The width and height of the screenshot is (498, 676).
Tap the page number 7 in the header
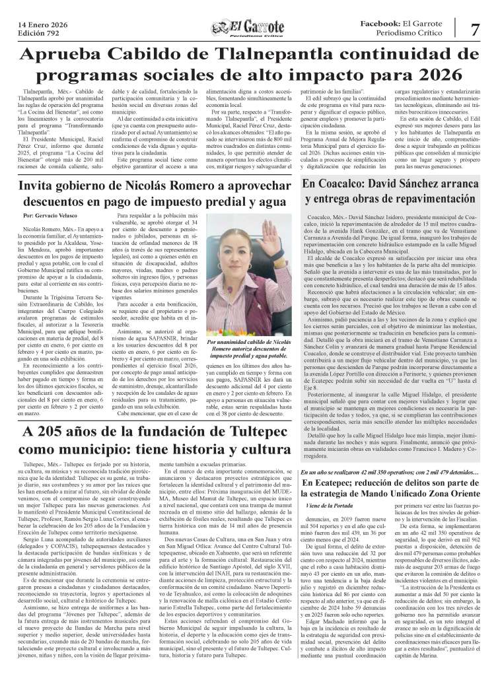coord(475,29)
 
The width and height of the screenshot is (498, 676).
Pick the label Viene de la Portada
coord(331,524)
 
